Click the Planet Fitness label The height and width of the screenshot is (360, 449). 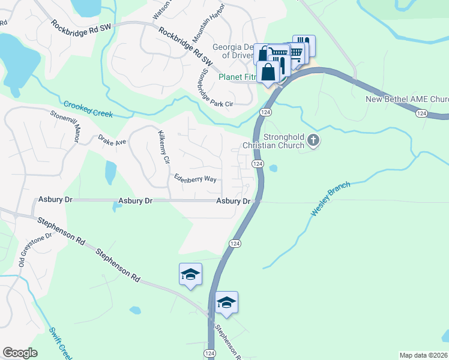click(x=237, y=77)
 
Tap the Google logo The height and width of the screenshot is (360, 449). click(x=20, y=353)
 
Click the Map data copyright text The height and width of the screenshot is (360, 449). click(x=423, y=355)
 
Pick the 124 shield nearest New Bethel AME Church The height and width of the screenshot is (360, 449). click(x=422, y=113)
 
